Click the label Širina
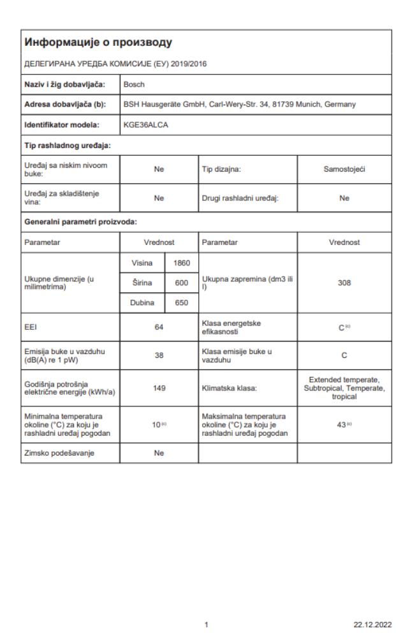(x=139, y=282)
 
